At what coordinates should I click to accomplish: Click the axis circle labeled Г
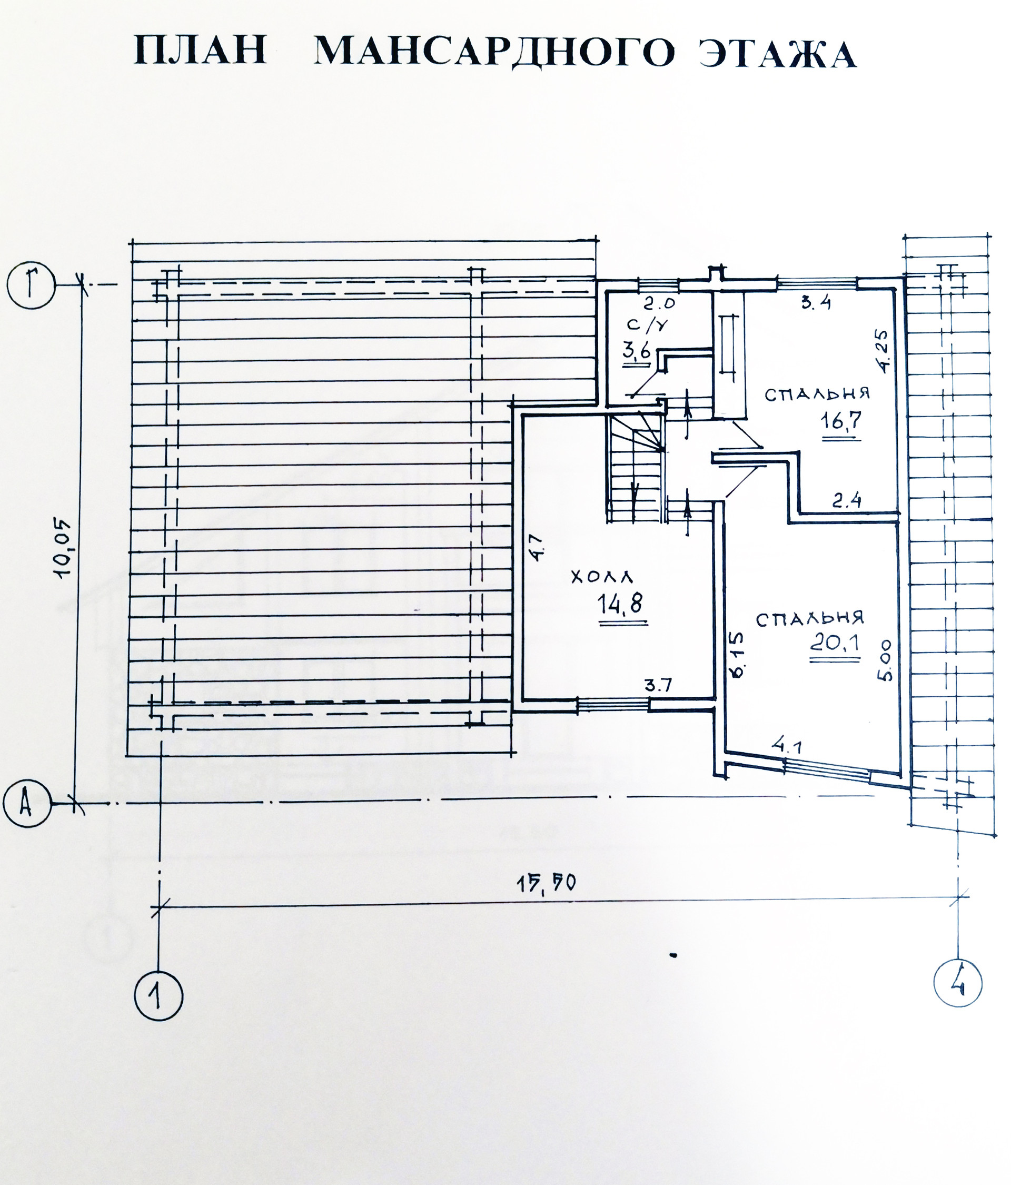[x=32, y=285]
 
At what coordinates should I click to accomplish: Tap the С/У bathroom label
[x=647, y=325]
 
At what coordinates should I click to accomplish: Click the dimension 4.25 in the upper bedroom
[x=883, y=351]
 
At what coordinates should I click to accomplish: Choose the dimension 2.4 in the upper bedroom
[x=846, y=501]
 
